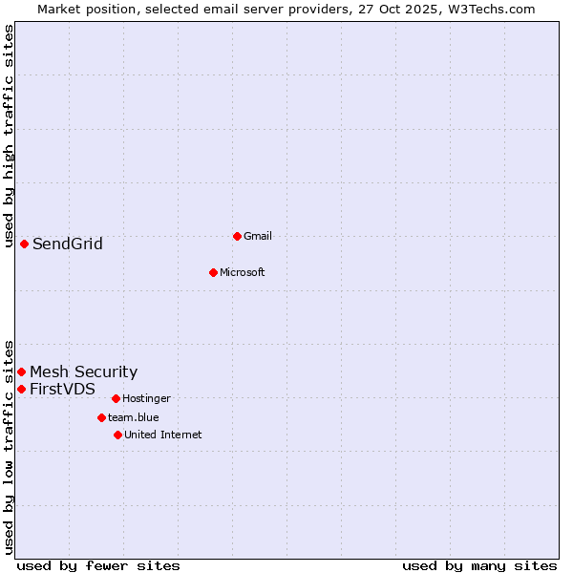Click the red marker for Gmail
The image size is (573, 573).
point(237,236)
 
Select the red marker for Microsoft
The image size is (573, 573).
point(214,272)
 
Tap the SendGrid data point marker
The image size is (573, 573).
point(24,244)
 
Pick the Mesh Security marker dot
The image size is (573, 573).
point(21,371)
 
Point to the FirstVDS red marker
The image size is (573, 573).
point(21,389)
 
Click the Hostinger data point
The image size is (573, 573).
point(116,398)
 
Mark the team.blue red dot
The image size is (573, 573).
point(101,417)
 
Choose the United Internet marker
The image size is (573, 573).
point(117,435)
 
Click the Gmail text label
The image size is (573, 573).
point(258,236)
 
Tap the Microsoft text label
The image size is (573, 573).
point(242,272)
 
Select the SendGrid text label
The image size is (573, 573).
point(67,244)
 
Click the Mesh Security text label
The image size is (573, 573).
point(83,371)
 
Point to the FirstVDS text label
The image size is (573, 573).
point(62,389)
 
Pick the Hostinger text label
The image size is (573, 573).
point(146,398)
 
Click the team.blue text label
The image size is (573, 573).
point(133,417)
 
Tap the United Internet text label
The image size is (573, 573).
point(162,435)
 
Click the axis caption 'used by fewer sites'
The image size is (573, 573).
point(98,565)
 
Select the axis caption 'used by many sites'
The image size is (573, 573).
point(479,565)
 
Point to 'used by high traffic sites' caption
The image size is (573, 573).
point(9,136)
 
